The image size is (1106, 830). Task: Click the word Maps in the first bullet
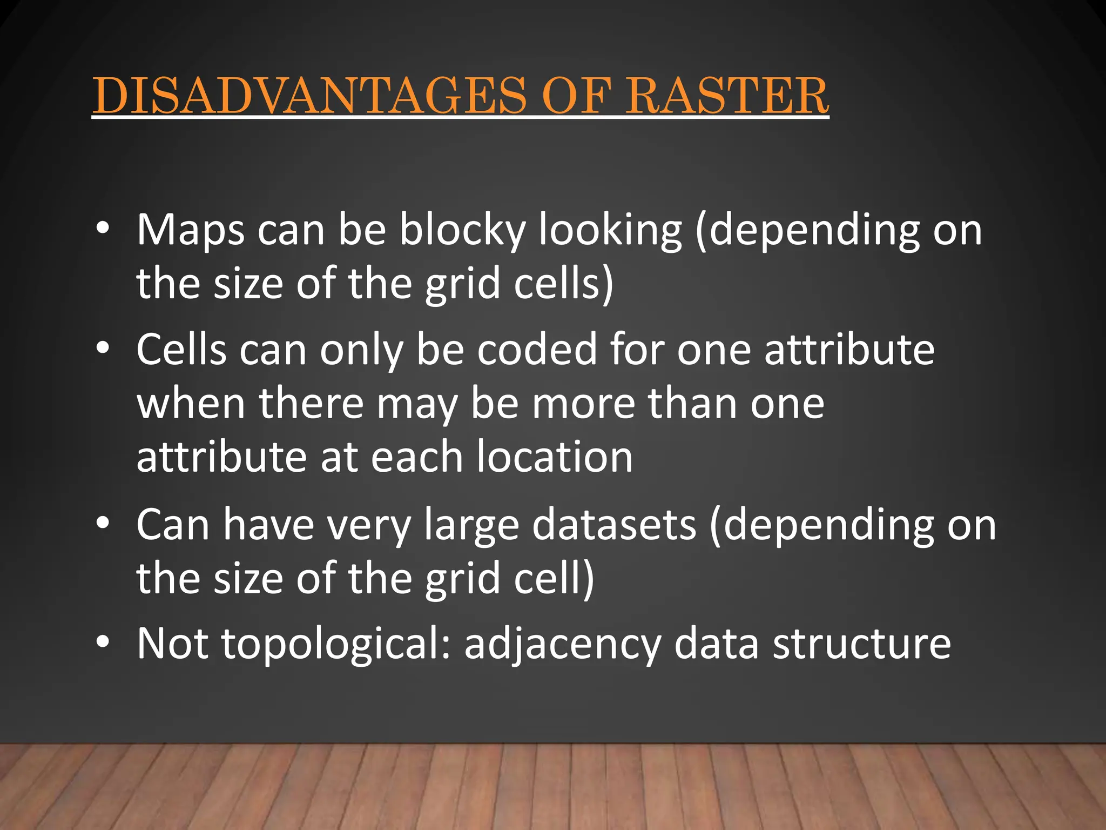pyautogui.click(x=191, y=231)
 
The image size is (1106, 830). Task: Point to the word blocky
pyautogui.click(x=462, y=231)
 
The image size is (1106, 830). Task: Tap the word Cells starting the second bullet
pyautogui.click(x=181, y=350)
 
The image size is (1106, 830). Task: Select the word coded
pyautogui.click(x=537, y=350)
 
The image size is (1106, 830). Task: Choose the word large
pyautogui.click(x=471, y=525)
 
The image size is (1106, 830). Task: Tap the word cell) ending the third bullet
pyautogui.click(x=554, y=578)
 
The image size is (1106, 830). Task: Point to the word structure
pyautogui.click(x=862, y=644)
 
